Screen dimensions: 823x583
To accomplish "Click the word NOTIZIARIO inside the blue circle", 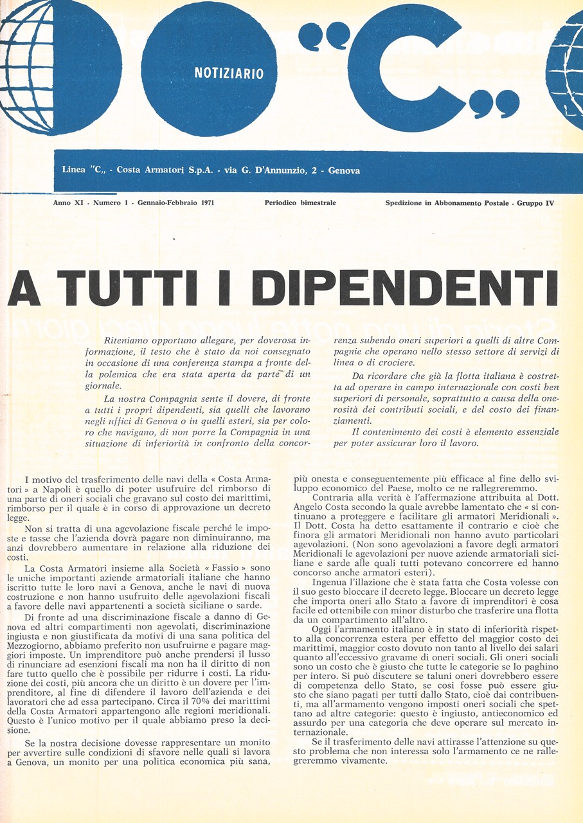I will [229, 74].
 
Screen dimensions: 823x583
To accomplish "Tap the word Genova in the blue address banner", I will [344, 171].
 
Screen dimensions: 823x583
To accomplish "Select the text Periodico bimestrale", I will [300, 203].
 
